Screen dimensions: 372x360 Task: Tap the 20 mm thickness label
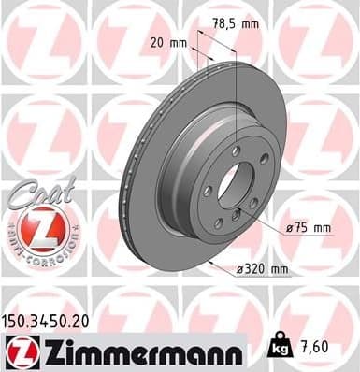(168, 43)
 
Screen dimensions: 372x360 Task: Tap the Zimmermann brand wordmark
(138, 350)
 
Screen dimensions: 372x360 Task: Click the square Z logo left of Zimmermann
(18, 351)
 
